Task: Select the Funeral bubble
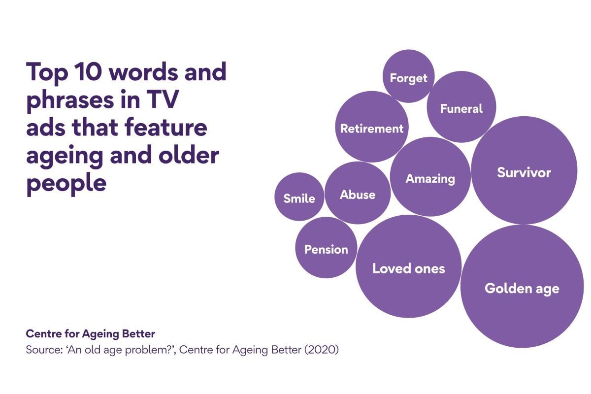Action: (461, 107)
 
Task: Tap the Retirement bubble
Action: (372, 127)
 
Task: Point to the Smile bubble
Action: (299, 197)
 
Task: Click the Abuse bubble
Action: (358, 193)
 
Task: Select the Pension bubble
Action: (326, 248)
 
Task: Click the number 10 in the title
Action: (88, 72)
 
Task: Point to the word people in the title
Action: (66, 184)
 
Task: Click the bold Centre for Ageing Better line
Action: (90, 334)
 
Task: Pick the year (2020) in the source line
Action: (322, 350)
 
